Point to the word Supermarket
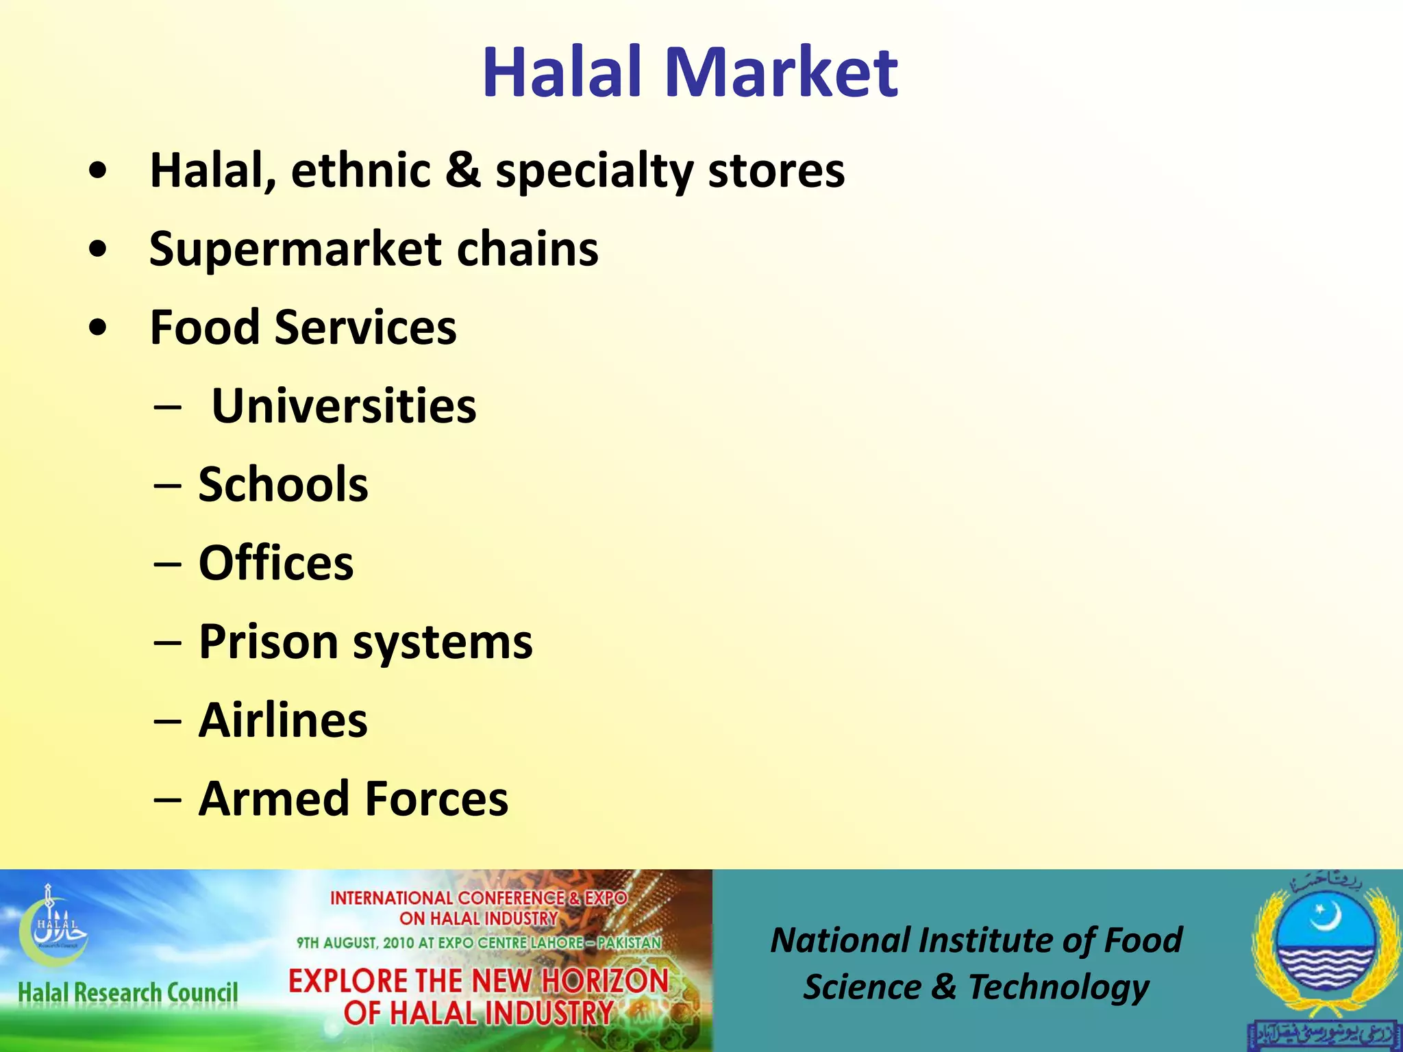[x=295, y=249]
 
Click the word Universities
[x=343, y=406]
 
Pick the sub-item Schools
[x=283, y=484]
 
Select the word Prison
[x=268, y=642]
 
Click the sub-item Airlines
[x=283, y=721]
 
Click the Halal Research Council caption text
[x=127, y=992]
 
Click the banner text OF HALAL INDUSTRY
[x=478, y=1013]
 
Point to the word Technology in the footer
[x=1058, y=988]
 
